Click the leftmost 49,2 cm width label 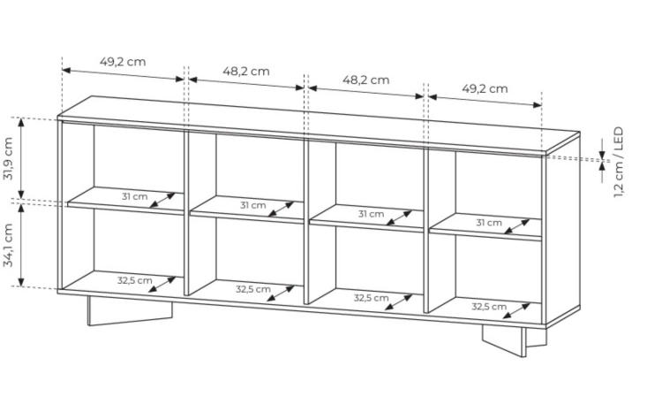(123, 62)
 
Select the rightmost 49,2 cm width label (485, 88)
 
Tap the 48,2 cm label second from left (246, 71)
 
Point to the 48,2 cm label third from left (365, 80)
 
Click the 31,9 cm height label (9, 158)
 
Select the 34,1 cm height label (9, 245)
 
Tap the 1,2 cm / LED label (618, 162)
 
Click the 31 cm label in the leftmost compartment (135, 197)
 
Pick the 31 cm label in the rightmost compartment (489, 223)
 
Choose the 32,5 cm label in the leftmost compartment (135, 280)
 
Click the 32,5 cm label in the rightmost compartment (489, 306)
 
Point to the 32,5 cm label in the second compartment (253, 289)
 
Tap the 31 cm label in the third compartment (371, 214)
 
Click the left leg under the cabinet (130, 311)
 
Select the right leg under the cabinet (515, 340)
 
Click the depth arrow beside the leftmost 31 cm (162, 201)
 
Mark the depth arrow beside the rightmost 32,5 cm (517, 310)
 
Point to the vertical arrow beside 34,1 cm (21, 246)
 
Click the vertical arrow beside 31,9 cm (21, 158)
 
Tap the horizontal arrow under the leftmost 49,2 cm (123, 74)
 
